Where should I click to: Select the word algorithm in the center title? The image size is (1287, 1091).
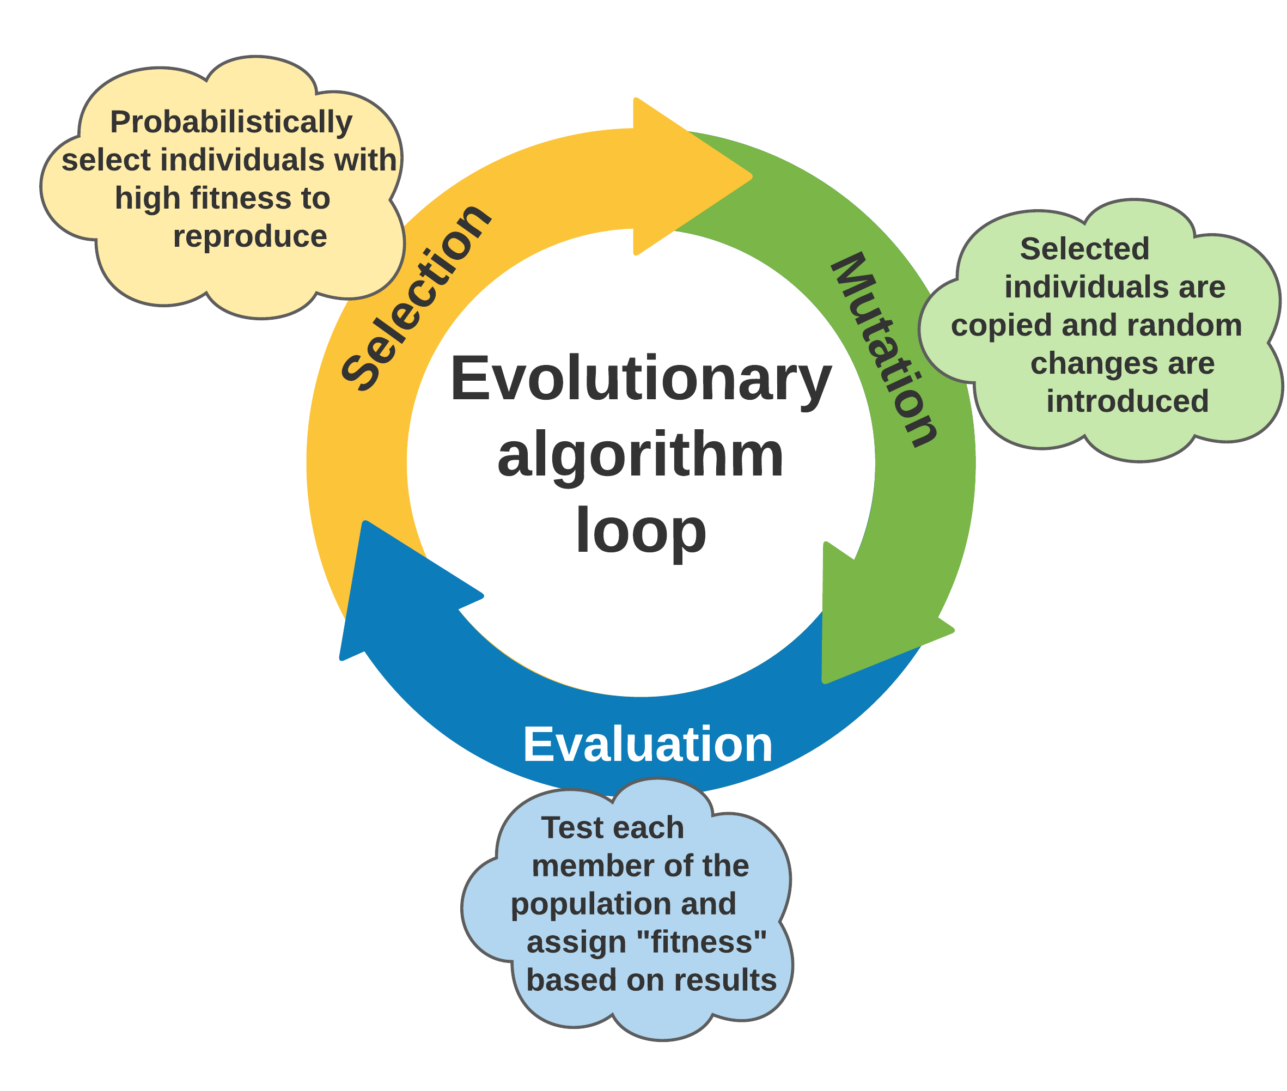(x=641, y=456)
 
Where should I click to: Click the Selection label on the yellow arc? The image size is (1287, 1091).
(x=416, y=297)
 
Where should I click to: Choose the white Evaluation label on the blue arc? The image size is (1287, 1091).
(x=648, y=744)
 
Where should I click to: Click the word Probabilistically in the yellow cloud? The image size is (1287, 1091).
(x=231, y=122)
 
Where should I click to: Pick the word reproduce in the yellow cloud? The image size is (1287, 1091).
(x=250, y=236)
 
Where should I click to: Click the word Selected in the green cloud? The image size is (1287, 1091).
(x=1085, y=248)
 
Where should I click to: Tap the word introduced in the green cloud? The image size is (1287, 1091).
(x=1127, y=401)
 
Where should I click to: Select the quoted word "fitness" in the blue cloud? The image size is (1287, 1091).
(x=702, y=942)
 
